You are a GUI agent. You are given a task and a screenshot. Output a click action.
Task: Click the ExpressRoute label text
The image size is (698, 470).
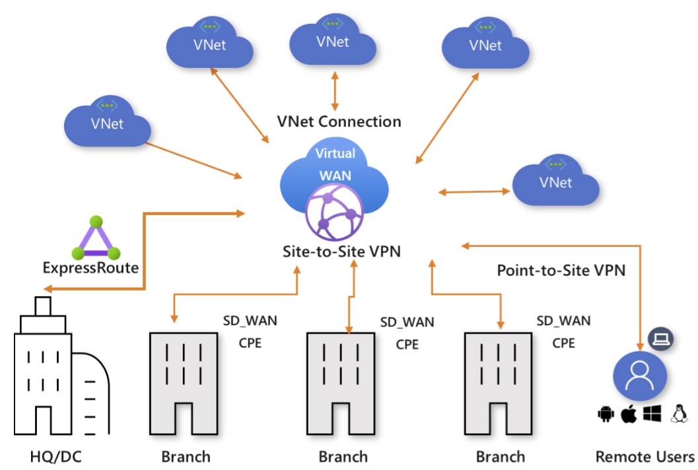click(90, 268)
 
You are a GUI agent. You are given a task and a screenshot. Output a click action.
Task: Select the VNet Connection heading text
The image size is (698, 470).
click(338, 121)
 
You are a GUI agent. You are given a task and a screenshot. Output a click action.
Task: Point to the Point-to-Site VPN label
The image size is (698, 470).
click(561, 271)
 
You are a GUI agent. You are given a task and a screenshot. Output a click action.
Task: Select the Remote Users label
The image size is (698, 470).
click(645, 456)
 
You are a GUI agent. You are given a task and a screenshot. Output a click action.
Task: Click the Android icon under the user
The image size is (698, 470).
click(604, 414)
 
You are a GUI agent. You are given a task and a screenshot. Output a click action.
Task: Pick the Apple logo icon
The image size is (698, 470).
click(627, 414)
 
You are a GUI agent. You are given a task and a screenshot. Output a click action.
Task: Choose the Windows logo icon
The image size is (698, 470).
click(652, 414)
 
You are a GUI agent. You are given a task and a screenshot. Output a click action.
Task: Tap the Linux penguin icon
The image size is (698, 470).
click(678, 414)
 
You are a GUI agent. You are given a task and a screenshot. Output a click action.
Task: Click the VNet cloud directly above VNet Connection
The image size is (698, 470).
click(332, 40)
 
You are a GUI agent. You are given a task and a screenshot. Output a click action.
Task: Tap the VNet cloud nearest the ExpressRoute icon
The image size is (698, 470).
click(107, 122)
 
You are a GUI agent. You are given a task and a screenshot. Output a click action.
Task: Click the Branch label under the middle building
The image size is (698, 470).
click(343, 456)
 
